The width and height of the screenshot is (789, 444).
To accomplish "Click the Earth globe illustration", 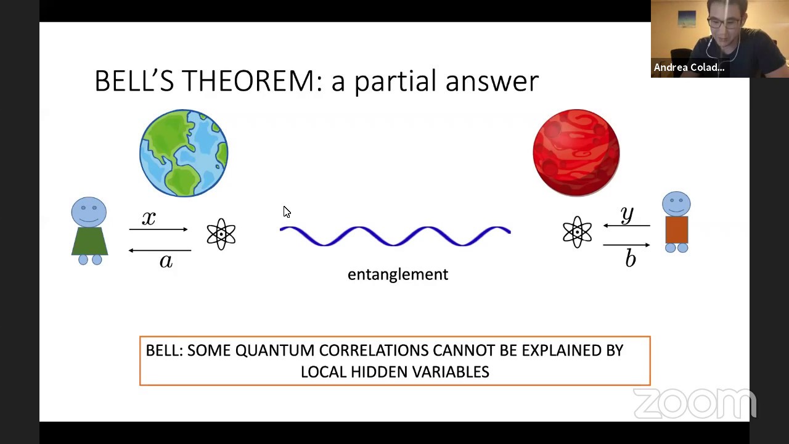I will point(184,153).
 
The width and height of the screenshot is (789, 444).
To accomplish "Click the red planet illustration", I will point(576,153).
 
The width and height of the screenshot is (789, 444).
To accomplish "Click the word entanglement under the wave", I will point(398,274).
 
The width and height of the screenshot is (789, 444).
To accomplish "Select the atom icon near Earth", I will point(221,234).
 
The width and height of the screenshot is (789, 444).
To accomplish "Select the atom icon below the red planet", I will point(577,232).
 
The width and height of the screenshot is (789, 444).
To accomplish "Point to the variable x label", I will point(149,218).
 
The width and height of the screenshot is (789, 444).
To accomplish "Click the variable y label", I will point(628,215).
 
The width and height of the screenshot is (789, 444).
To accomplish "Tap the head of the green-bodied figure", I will point(89,212).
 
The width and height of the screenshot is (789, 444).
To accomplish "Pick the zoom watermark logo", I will point(694,404).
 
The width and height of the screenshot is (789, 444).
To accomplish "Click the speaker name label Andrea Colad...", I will point(689,67).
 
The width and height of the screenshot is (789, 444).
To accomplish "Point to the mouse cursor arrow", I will point(286,212).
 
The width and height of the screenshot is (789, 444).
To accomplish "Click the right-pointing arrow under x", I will point(158,229).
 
